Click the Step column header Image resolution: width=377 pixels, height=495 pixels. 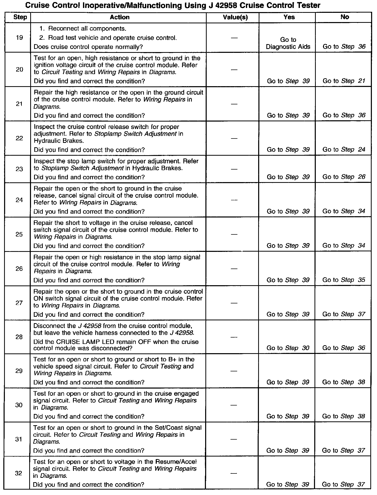point(20,17)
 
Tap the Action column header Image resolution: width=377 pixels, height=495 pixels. point(120,17)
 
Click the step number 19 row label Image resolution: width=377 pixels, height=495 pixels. point(19,38)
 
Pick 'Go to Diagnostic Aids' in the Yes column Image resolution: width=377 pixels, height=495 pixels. point(288,43)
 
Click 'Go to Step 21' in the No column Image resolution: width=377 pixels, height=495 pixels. point(344,81)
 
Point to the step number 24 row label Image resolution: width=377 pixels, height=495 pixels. point(19,200)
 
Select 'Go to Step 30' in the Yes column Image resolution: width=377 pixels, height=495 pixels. point(288,348)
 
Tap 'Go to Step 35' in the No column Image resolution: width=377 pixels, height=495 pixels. point(344,280)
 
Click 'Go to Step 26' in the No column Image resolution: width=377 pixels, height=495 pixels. point(344,177)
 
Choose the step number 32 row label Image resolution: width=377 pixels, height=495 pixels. point(19,473)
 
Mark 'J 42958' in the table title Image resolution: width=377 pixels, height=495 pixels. point(219,5)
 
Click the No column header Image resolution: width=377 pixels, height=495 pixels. point(344,17)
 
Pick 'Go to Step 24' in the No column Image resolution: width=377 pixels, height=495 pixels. point(344,150)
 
